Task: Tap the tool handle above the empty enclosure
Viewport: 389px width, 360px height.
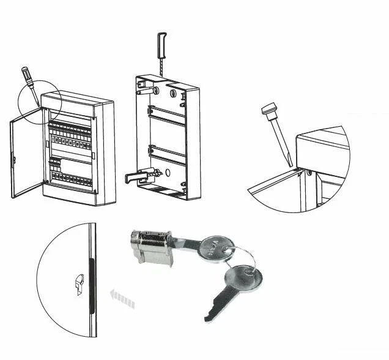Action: click(x=162, y=45)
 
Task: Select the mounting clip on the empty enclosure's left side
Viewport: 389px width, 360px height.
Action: click(x=138, y=176)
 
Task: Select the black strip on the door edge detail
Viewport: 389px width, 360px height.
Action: click(x=91, y=285)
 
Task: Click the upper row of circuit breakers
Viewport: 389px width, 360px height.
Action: click(x=71, y=130)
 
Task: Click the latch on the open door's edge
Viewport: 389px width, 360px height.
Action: click(x=13, y=160)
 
